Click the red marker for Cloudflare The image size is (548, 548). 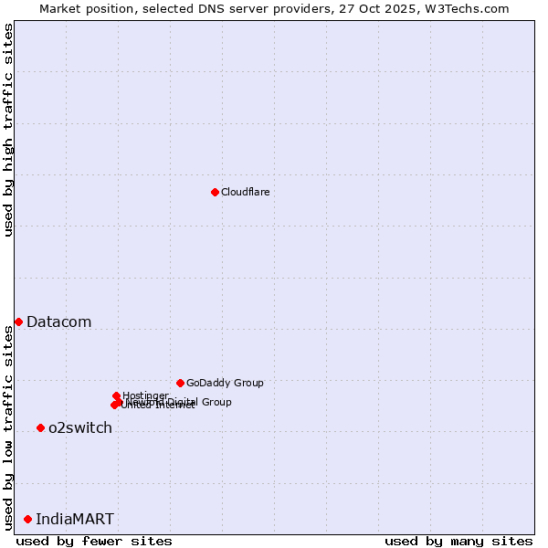click(x=215, y=192)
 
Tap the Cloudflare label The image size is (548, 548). click(x=245, y=192)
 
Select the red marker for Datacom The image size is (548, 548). click(x=18, y=321)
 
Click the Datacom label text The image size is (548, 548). click(x=58, y=321)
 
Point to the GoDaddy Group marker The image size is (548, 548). click(x=180, y=383)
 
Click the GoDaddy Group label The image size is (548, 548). click(x=225, y=383)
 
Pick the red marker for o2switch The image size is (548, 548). click(x=40, y=427)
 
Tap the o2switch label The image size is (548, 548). click(x=80, y=427)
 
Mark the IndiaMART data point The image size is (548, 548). click(x=27, y=519)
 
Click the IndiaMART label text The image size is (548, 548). click(x=75, y=519)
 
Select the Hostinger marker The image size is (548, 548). click(x=116, y=395)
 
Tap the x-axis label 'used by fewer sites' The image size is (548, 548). click(x=94, y=541)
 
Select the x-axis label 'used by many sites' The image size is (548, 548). click(x=458, y=541)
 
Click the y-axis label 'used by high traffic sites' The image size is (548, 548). click(x=8, y=130)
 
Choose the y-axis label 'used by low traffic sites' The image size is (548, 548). click(x=8, y=427)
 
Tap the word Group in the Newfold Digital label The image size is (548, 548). click(x=216, y=402)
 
